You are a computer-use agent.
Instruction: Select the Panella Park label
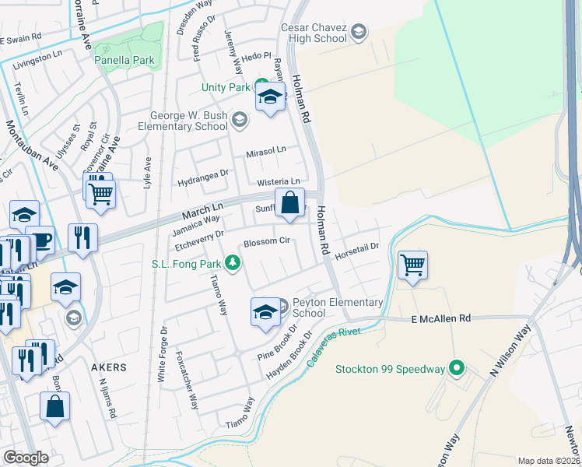tap(124, 60)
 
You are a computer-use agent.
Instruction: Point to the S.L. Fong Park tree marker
tap(232, 265)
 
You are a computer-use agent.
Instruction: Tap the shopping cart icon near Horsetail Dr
tap(412, 265)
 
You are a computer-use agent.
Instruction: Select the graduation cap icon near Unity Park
tap(270, 97)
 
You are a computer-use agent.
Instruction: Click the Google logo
tap(26, 458)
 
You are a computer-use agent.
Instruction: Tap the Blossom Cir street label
tap(267, 242)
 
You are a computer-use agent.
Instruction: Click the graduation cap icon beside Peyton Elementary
tap(265, 312)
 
